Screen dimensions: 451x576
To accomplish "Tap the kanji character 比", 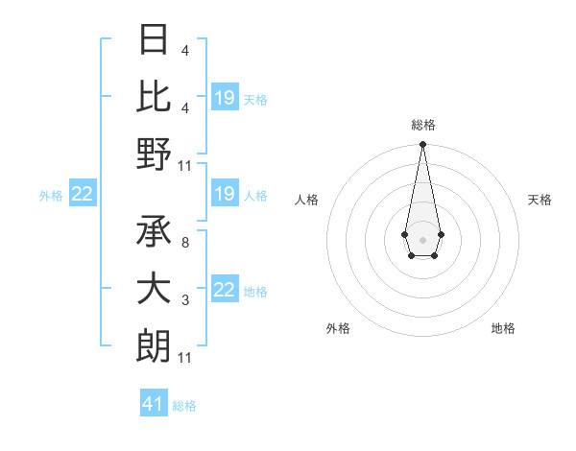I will pos(154,97).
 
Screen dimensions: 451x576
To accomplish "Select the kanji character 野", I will pos(154,153).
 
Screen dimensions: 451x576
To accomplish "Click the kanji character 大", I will pos(154,289).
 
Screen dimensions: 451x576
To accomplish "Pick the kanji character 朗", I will pos(154,344).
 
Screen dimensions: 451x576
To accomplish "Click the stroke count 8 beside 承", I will pos(184,243).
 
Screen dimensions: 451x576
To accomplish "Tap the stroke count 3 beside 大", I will pos(184,301).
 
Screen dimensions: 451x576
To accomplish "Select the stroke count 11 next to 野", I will pos(185,165).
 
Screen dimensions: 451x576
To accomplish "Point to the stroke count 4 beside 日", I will pos(184,50).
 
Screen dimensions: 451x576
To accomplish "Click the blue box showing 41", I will pos(154,404).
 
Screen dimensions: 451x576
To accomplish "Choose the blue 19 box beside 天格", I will pos(225,98).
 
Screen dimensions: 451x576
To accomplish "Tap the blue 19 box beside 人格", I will pos(225,195).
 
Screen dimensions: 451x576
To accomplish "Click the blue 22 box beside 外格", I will pos(82,195).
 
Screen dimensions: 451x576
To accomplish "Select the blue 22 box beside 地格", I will pos(225,291).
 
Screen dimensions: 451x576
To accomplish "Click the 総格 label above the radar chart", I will pos(422,125).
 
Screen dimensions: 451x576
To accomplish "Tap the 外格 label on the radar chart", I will pos(338,328).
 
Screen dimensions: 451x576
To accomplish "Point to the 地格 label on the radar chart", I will pos(503,328).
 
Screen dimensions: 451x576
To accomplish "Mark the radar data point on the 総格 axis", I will pos(422,145).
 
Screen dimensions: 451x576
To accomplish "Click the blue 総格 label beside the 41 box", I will pos(184,406).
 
